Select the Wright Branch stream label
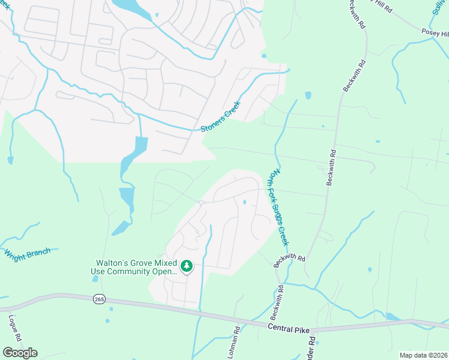tap(28, 253)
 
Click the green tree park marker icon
tap(187, 266)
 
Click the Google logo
tap(20, 352)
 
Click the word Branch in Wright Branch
tap(37, 251)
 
